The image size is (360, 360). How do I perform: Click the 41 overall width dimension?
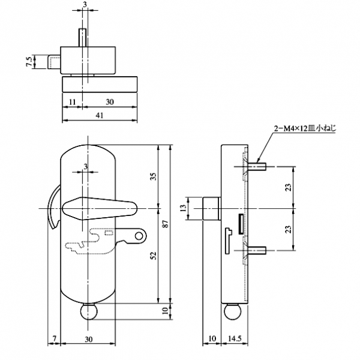click(x=101, y=114)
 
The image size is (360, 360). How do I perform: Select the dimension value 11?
click(x=72, y=103)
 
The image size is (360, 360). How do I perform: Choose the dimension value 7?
click(x=53, y=340)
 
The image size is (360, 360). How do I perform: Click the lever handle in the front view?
click(x=100, y=208)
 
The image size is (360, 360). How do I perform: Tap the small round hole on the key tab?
click(x=139, y=236)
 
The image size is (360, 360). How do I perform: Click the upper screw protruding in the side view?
click(x=257, y=165)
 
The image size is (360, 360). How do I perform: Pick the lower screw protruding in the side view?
click(x=257, y=250)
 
